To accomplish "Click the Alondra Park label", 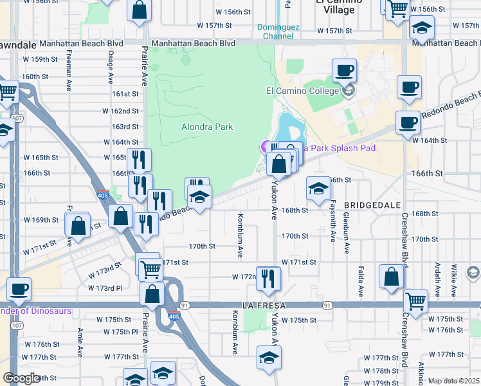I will pyautogui.click(x=207, y=127).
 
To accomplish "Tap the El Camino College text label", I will pyautogui.click(x=302, y=91).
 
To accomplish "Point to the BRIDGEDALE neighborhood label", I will pyautogui.click(x=372, y=204).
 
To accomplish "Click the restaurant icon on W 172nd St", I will pyautogui.click(x=268, y=278).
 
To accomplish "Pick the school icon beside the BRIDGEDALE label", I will pyautogui.click(x=318, y=188).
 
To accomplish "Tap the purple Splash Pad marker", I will pyautogui.click(x=266, y=147).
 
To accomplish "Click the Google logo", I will pyautogui.click(x=21, y=378).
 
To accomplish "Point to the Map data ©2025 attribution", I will pyautogui.click(x=453, y=381).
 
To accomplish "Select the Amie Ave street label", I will pyautogui.click(x=80, y=342).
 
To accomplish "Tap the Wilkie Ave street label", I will pyautogui.click(x=454, y=273).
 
